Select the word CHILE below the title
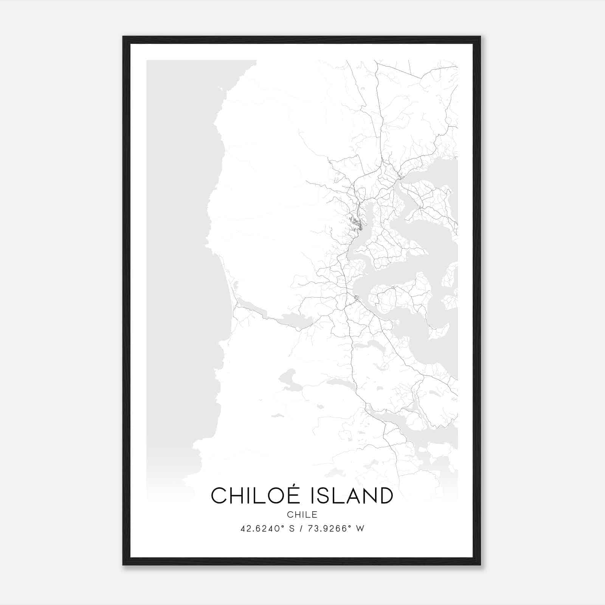pos(302,515)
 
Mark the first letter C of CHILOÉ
pos(219,496)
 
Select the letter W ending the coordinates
pos(360,529)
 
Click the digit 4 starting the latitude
pos(243,529)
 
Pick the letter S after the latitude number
pos(292,529)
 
